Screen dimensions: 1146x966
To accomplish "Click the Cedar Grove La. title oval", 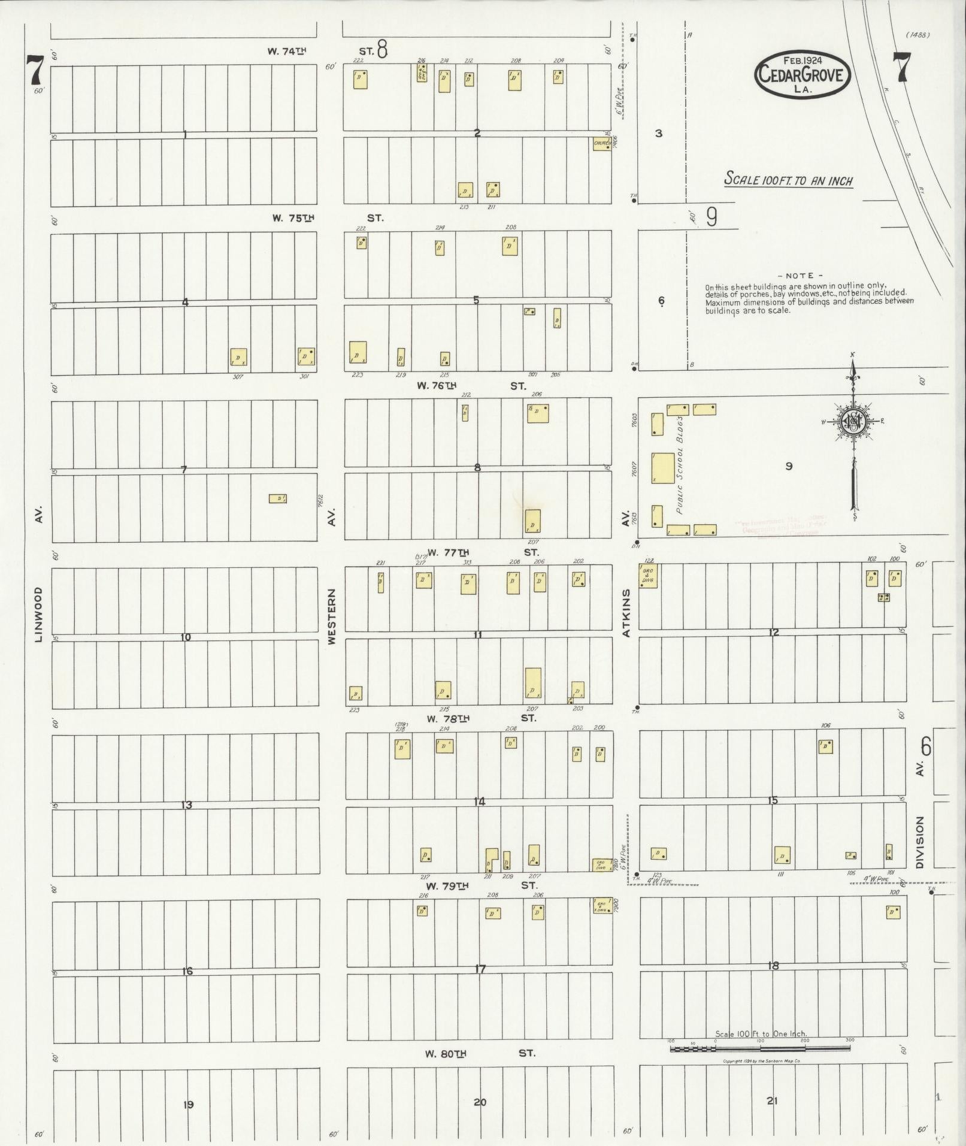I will pyautogui.click(x=802, y=75).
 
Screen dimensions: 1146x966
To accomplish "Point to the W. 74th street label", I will pyautogui.click(x=287, y=52).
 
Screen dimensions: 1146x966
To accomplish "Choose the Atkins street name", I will pyautogui.click(x=626, y=612).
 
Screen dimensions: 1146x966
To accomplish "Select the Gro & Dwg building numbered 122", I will pyautogui.click(x=649, y=576).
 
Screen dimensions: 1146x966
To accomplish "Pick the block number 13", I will pyautogui.click(x=186, y=805).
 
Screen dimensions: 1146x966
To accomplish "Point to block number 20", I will pyautogui.click(x=480, y=1102).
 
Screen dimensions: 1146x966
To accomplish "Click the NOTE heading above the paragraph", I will pyautogui.click(x=800, y=276).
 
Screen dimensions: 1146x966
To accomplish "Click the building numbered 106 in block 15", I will pyautogui.click(x=826, y=746).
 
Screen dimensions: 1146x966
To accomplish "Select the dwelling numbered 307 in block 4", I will pyautogui.click(x=239, y=358).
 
